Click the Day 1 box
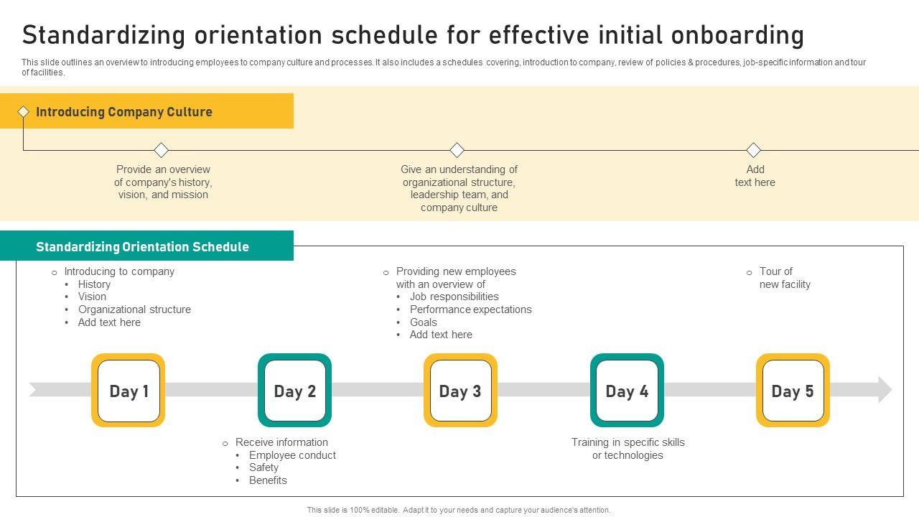point(128,390)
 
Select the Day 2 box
point(294,390)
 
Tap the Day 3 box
point(460,390)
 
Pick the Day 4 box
point(627,390)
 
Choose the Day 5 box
point(793,390)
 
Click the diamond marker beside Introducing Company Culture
point(24,111)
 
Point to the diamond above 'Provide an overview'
point(162,150)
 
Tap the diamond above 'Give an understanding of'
point(457,150)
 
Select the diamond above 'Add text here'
point(753,150)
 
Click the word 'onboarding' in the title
point(737,35)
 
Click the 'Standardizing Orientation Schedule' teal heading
point(142,246)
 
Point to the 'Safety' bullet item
point(263,467)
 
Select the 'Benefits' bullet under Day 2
point(268,480)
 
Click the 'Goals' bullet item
point(424,322)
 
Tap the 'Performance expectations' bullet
point(470,309)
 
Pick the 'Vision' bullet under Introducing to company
point(92,297)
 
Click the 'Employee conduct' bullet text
point(292,455)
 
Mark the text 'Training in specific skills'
point(628,442)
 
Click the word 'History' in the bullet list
point(94,284)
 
